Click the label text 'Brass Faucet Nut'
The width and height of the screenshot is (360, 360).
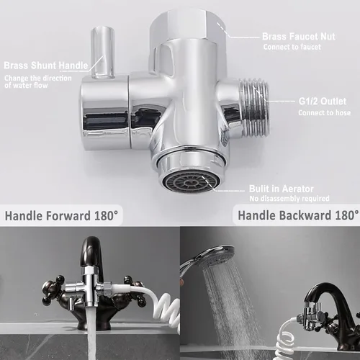(299, 37)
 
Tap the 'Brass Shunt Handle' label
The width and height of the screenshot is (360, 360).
(46, 66)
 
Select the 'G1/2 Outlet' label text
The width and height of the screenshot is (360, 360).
(323, 102)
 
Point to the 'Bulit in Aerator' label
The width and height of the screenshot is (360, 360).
(282, 189)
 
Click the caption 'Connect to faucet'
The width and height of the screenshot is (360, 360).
(292, 47)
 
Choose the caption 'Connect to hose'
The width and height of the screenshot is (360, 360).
(325, 112)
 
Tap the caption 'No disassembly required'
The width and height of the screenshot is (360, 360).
(289, 199)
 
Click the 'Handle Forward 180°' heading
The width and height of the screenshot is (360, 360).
(62, 215)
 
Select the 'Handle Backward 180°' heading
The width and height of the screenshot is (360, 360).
(298, 215)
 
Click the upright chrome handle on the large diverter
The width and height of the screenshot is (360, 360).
(103, 53)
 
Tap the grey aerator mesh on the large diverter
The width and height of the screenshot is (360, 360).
(186, 182)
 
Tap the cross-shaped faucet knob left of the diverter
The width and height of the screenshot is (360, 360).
(54, 288)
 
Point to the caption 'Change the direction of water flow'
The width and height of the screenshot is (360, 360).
(38, 81)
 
